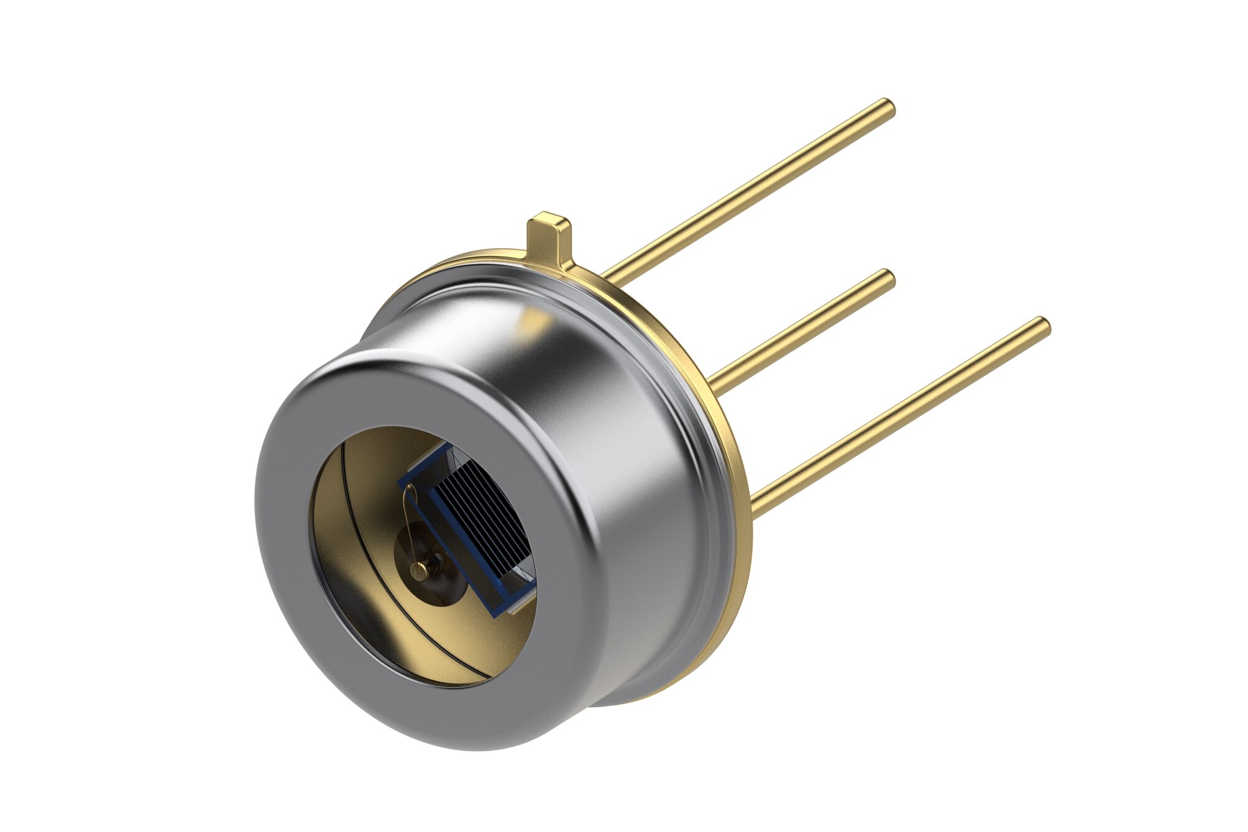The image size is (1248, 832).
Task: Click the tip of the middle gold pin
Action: [x=888, y=278]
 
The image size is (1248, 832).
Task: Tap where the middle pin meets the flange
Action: [x=715, y=379]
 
